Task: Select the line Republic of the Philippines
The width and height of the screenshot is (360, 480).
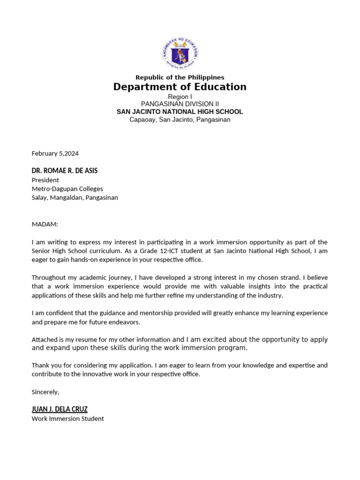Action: pyautogui.click(x=180, y=77)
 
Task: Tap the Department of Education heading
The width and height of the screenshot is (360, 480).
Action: pyautogui.click(x=180, y=87)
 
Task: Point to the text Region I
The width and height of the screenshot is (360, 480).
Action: pyautogui.click(x=180, y=97)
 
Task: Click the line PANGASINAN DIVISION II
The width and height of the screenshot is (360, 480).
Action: pyautogui.click(x=180, y=104)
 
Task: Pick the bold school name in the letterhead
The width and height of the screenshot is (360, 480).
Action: pyautogui.click(x=180, y=112)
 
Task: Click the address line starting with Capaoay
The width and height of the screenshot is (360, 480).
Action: pyautogui.click(x=180, y=120)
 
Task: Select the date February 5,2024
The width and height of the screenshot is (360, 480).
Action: pyautogui.click(x=55, y=153)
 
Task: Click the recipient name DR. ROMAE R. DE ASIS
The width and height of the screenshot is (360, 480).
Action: pyautogui.click(x=65, y=171)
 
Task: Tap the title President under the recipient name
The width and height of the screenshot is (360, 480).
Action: pyautogui.click(x=45, y=180)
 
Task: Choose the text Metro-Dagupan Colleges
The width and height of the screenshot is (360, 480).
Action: pyautogui.click(x=67, y=189)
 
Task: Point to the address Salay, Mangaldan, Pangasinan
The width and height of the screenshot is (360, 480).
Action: pyautogui.click(x=75, y=198)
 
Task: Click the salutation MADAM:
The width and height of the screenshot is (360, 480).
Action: pyautogui.click(x=45, y=225)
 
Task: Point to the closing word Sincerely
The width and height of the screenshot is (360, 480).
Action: pyautogui.click(x=45, y=392)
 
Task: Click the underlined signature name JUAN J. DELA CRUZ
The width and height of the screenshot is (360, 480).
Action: pyautogui.click(x=60, y=409)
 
